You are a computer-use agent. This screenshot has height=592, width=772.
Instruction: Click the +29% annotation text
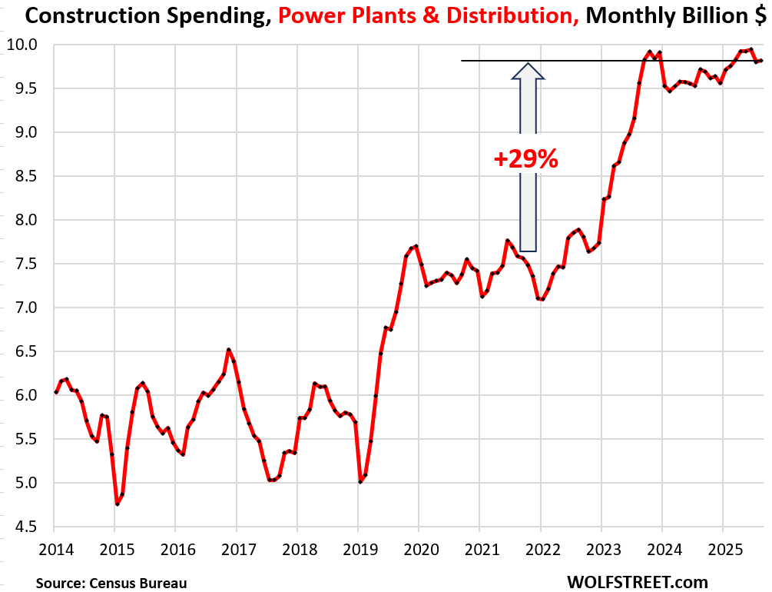click(x=525, y=159)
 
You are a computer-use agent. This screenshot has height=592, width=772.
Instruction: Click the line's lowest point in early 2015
click(x=118, y=504)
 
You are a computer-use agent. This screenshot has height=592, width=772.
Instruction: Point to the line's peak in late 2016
click(x=228, y=350)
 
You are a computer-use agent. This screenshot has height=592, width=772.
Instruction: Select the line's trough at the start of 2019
click(x=360, y=482)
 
